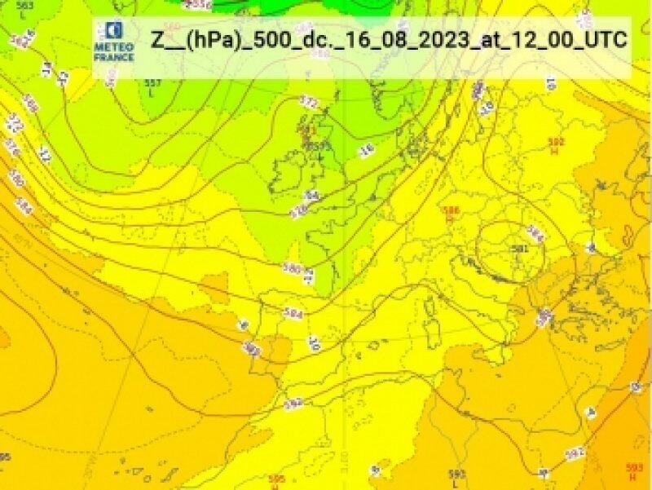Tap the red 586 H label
click(x=449, y=214)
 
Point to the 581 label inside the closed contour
click(x=518, y=248)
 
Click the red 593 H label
click(x=634, y=470)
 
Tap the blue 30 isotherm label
click(x=314, y=344)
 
